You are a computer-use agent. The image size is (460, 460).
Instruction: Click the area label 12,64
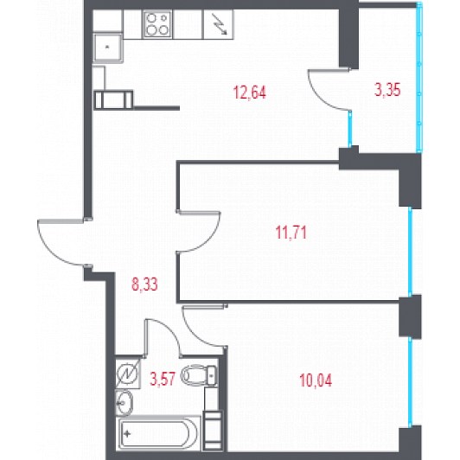pos(249,93)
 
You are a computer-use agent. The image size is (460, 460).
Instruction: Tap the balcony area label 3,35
pos(387,89)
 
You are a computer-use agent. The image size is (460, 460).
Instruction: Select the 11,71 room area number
pos(291,233)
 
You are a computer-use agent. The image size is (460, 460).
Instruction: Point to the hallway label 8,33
pos(144,284)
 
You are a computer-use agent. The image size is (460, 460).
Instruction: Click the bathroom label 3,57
pos(163,379)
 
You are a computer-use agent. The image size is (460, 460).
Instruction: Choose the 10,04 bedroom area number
pos(316,380)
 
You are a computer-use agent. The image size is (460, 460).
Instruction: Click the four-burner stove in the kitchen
pos(157,24)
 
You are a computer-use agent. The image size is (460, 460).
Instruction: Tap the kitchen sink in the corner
pos(107,48)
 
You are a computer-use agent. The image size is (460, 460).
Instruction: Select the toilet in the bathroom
pos(199,375)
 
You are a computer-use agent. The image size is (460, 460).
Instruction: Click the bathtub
pos(158,433)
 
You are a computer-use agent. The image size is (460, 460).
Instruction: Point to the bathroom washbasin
pos(124,403)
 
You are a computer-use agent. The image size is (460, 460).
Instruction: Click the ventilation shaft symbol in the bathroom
pos(128,374)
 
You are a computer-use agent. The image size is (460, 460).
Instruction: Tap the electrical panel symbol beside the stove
pos(219,24)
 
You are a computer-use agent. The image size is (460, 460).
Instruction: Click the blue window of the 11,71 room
pos(410,251)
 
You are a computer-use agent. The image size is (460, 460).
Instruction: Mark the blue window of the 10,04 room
pos(410,381)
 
